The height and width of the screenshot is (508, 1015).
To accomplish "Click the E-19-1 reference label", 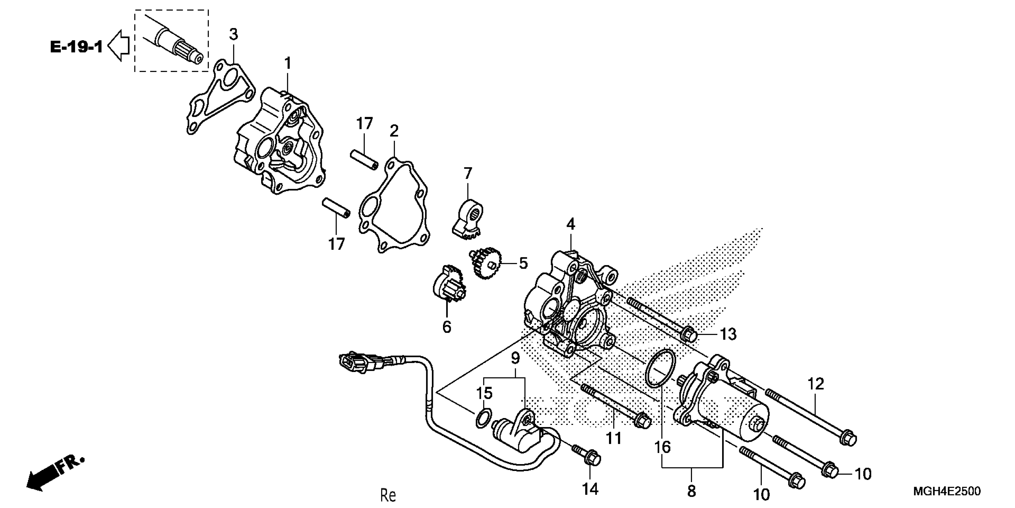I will point(76,47).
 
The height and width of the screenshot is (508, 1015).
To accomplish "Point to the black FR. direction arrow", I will point(43,478).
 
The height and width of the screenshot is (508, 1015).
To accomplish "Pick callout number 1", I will point(288,63).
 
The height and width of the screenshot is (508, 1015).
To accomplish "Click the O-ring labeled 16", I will point(660,368).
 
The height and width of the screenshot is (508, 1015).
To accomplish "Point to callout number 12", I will point(815,384).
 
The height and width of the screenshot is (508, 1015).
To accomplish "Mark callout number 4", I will point(570,225).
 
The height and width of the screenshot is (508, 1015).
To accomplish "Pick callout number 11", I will point(613,438).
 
